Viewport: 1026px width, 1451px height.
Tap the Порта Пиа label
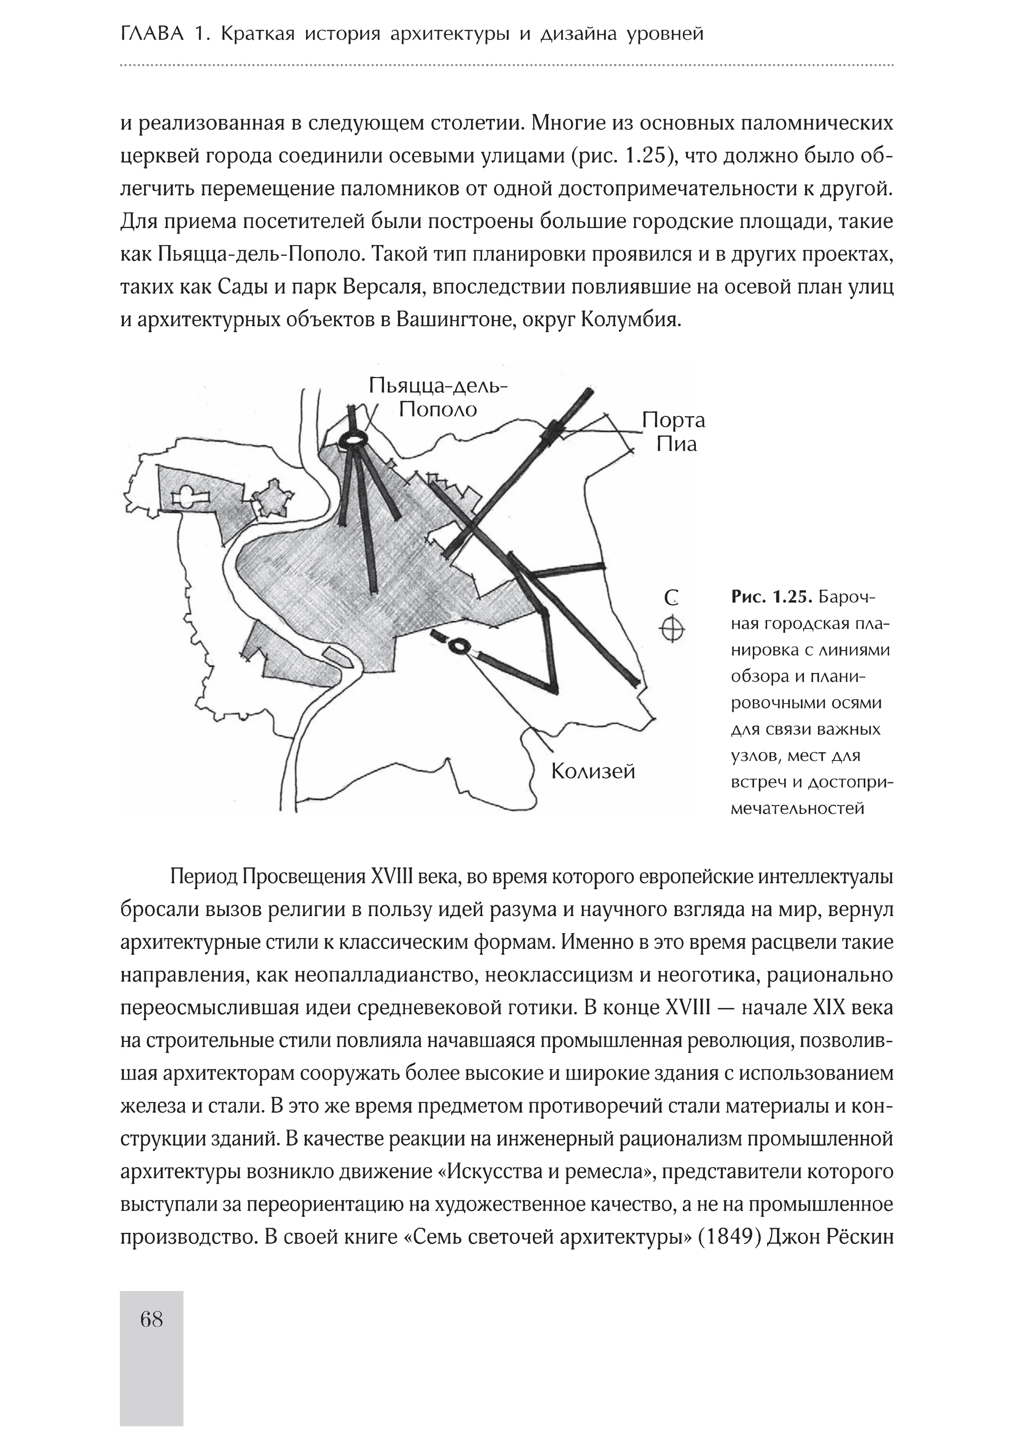click(673, 432)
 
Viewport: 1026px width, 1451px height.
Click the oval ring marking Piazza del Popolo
click(351, 439)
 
